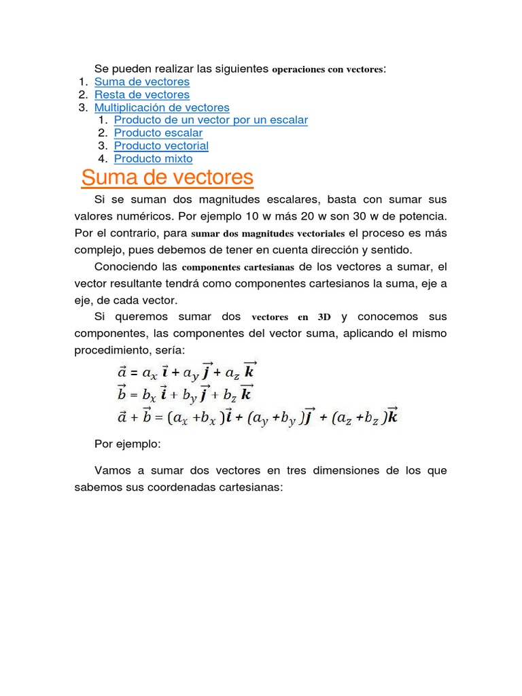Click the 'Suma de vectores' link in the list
[x=142, y=82]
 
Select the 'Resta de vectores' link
[x=142, y=94]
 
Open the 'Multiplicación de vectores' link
[x=162, y=107]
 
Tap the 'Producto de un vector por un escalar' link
[x=211, y=120]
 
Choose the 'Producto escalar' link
[x=158, y=133]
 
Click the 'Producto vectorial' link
[x=161, y=146]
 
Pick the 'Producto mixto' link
[x=153, y=159]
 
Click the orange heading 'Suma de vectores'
[x=167, y=179]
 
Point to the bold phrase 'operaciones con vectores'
[x=328, y=69]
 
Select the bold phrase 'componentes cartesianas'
[x=238, y=267]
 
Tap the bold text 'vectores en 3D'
[x=291, y=317]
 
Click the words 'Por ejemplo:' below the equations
[x=126, y=445]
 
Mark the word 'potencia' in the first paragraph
[x=424, y=216]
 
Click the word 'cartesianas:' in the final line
[x=251, y=487]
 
